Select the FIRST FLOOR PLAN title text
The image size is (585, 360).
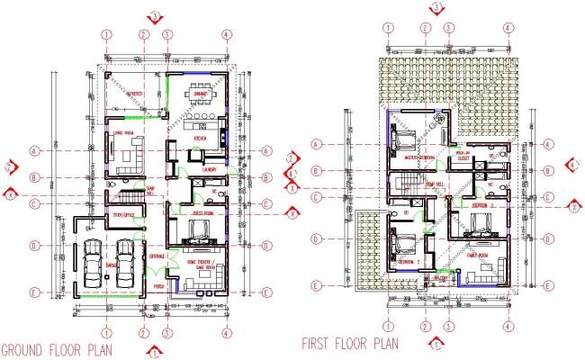pos(351,343)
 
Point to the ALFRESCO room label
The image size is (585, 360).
pos(135,93)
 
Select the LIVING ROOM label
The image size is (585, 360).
pos(123,136)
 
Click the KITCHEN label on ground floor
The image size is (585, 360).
pos(201,139)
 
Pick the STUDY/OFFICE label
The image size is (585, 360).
pos(123,216)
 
